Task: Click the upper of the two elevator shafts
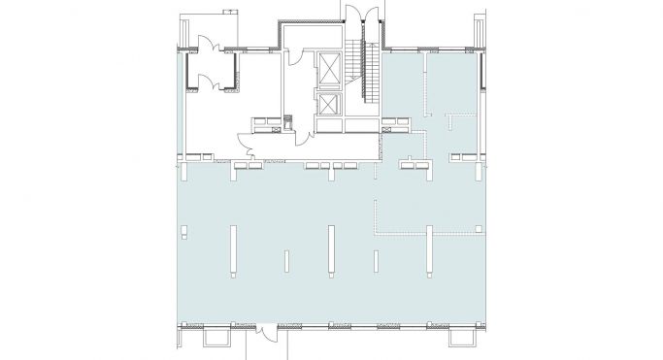pos(330,71)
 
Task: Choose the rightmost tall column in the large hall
pos(430,251)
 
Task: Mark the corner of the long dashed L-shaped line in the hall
pos(377,232)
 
